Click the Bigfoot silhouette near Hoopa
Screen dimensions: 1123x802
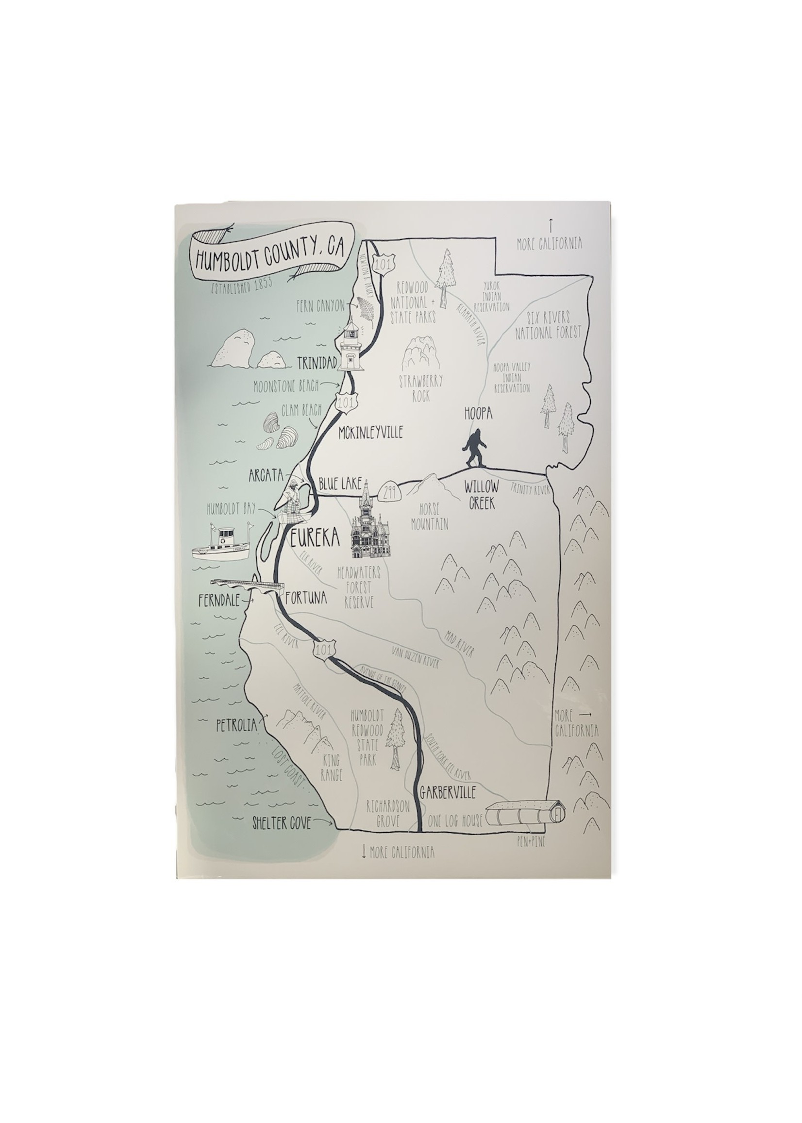pyautogui.click(x=475, y=448)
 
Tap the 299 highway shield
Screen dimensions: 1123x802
pyautogui.click(x=391, y=492)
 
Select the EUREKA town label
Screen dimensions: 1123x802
pyautogui.click(x=316, y=538)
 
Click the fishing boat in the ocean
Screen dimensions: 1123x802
pyautogui.click(x=223, y=544)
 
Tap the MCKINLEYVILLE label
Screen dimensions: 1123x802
pyautogui.click(x=370, y=433)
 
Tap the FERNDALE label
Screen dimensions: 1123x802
pyautogui.click(x=218, y=601)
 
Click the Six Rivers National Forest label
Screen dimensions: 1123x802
pyautogui.click(x=548, y=325)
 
